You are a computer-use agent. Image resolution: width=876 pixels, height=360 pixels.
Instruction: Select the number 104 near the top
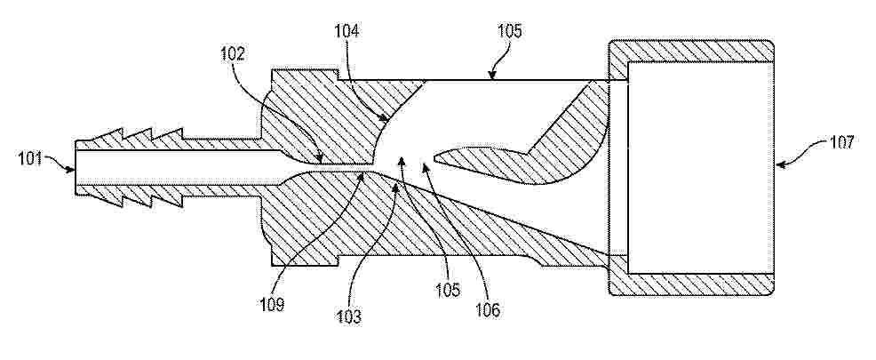click(347, 31)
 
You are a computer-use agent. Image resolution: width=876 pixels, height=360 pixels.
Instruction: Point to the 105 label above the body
click(509, 31)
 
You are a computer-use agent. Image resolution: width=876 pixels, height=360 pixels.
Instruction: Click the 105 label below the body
click(449, 290)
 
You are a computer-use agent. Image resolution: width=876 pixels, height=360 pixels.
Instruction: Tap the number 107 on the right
click(841, 142)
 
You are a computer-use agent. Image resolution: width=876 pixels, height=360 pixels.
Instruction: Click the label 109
click(272, 305)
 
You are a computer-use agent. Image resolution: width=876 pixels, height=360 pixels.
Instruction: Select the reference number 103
click(348, 317)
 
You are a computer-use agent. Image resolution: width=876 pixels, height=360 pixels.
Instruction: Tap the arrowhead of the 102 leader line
click(319, 159)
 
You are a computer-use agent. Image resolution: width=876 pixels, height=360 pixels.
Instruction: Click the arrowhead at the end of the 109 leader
click(363, 175)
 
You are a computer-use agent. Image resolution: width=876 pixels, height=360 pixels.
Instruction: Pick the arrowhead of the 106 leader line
click(425, 166)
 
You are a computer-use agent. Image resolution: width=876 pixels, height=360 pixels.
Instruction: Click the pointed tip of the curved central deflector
click(435, 159)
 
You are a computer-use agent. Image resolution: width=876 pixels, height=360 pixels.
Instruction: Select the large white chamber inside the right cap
click(701, 168)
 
